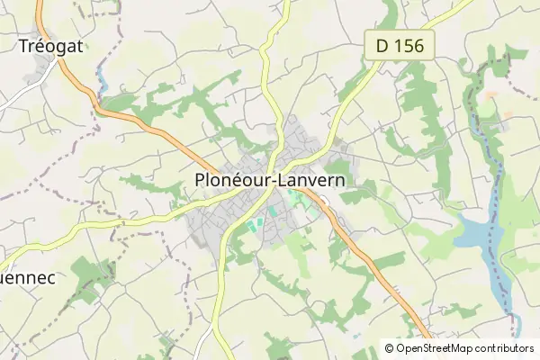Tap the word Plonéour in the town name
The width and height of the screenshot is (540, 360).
click(x=229, y=180)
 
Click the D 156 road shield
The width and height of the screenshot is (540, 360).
click(x=400, y=45)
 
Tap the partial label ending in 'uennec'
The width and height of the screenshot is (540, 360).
click(x=27, y=279)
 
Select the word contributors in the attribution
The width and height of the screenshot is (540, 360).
click(x=506, y=348)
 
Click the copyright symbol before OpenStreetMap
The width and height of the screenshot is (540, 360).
click(x=390, y=348)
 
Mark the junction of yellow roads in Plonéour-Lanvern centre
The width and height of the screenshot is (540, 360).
click(x=267, y=160)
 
